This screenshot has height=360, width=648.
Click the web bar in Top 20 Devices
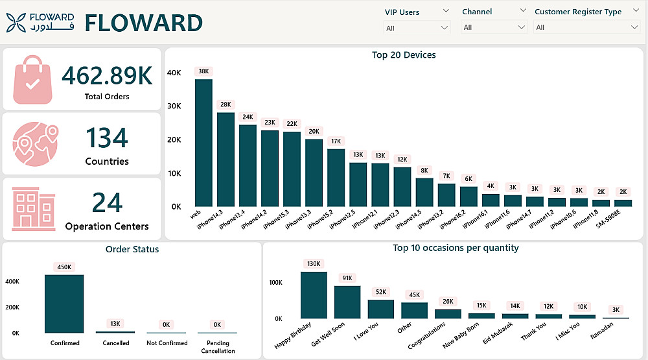point(203,142)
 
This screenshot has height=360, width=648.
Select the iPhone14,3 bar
point(226,159)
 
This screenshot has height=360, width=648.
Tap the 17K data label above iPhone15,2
point(336,141)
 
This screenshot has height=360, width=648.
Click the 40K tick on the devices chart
point(174,73)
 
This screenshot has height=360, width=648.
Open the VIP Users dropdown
point(417,28)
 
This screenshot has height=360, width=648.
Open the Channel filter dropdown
point(494,27)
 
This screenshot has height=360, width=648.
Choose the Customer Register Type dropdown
point(586,27)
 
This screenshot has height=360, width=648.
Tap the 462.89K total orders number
point(107,76)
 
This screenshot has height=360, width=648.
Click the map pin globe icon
point(34,143)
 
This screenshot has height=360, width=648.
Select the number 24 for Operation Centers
point(107,203)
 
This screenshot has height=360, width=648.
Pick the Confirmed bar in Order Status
point(64,304)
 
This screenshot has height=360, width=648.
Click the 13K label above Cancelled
point(116,323)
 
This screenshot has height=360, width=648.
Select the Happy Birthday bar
point(314,294)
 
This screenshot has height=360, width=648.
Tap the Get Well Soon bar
point(347,302)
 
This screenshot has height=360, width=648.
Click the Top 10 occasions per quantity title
point(456,248)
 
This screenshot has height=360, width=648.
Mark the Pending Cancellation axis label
point(217,347)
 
